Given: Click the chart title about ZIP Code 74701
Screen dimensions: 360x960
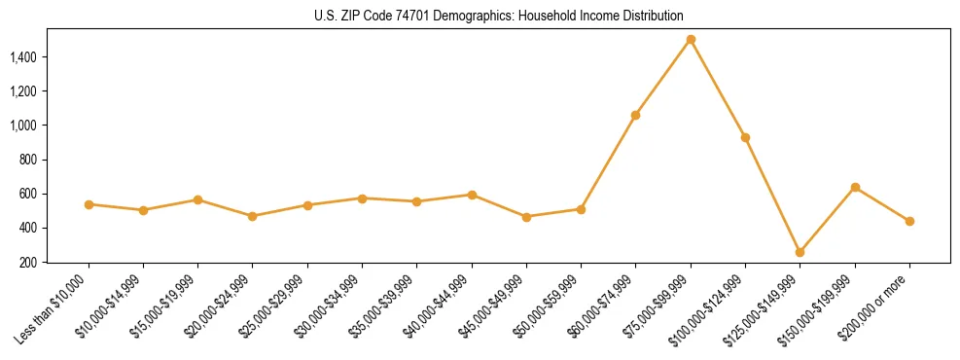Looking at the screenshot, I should (499, 16).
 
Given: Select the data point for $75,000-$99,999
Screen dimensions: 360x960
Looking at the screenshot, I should (691, 40).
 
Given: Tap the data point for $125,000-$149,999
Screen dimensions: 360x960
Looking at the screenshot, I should (800, 252).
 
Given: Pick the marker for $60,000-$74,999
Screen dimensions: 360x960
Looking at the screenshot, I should (635, 115).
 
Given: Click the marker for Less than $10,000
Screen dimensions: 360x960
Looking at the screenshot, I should (89, 204).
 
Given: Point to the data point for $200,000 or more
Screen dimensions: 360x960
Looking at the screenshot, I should (909, 221).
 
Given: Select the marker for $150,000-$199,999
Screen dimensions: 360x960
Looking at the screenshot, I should (855, 187).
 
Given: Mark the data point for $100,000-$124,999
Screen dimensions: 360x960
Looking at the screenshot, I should (745, 137).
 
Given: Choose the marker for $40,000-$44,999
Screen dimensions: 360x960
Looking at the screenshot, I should (472, 195).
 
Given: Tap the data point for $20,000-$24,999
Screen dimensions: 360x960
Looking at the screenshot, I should (253, 216).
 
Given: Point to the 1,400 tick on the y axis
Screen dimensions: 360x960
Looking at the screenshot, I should (23, 57).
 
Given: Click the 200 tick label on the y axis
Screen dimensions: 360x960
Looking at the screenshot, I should (28, 263).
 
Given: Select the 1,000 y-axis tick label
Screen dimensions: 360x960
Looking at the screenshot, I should (23, 126).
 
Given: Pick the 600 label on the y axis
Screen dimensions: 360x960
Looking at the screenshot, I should (28, 194).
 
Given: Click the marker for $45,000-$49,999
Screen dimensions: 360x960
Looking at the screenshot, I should (526, 217).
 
